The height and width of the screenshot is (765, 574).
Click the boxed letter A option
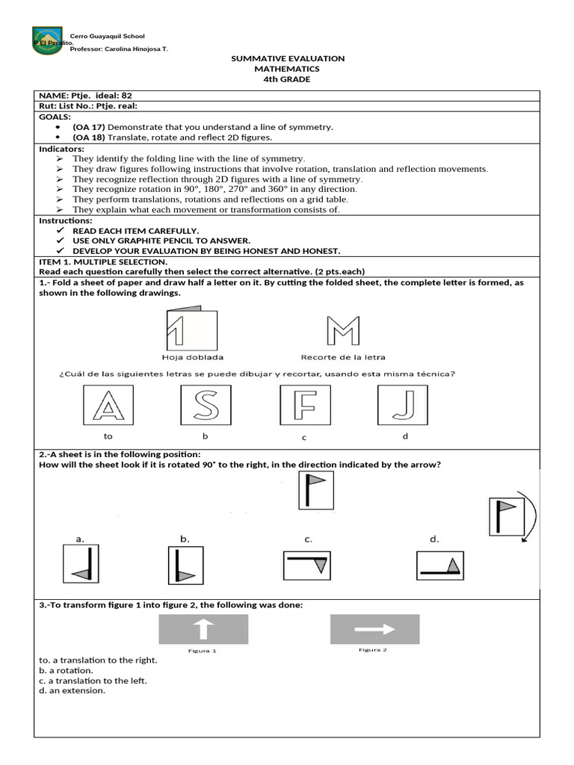pos(108,405)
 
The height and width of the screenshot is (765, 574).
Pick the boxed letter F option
pos(304,405)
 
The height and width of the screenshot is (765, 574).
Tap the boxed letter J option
pos(402,405)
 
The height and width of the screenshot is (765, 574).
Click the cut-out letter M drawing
pos(343,331)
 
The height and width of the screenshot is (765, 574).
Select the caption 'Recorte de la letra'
pos(343,357)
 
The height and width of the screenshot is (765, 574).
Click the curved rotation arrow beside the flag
pos(532,519)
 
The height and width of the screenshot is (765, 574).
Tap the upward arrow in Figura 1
pos(203,629)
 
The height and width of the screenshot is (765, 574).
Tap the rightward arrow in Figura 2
pos(374,629)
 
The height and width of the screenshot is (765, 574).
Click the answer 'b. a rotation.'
pos(66,671)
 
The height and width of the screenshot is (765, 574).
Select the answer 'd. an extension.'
pos(72,690)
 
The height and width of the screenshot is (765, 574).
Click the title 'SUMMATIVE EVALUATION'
pos(288,58)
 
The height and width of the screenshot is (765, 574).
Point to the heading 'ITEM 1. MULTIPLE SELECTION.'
pos(102,262)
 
